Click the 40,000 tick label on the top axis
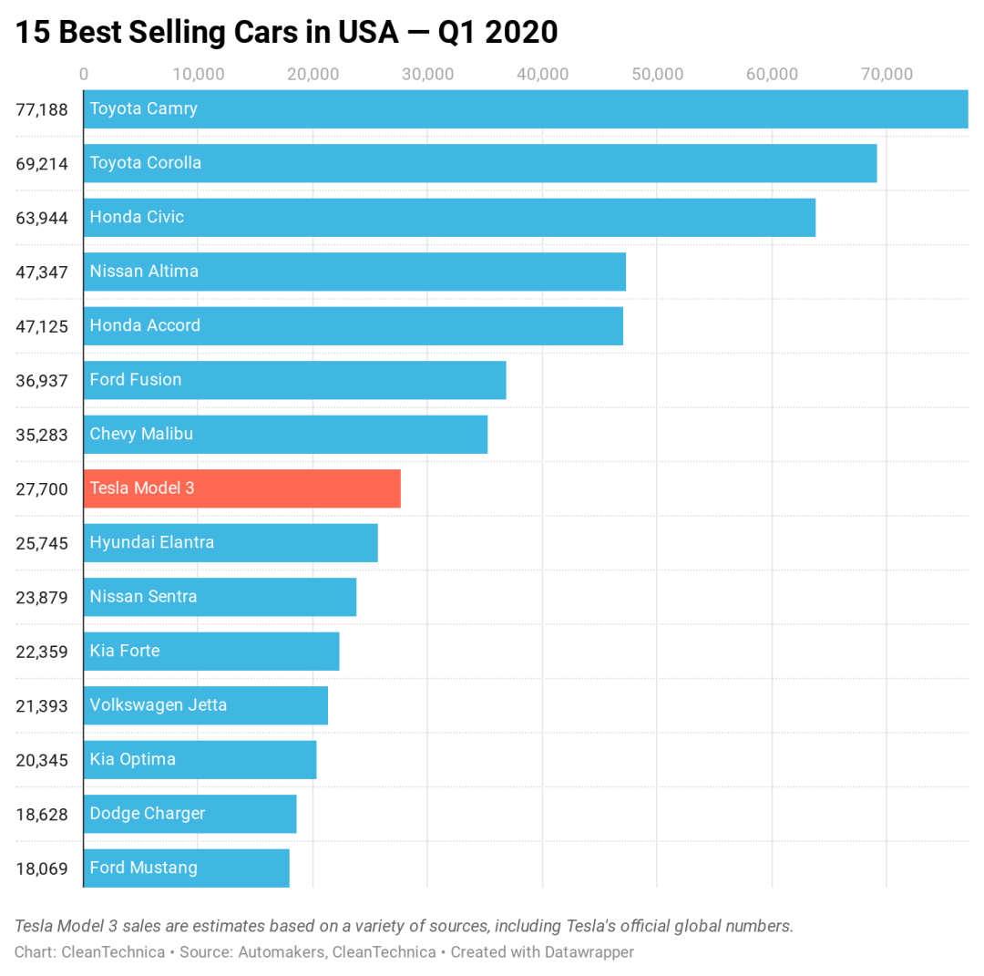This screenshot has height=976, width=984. pos(542,75)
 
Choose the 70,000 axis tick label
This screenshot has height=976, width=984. pos(887,75)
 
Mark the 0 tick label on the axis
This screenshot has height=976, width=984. pos(84,75)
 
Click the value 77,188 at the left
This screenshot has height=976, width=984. pos(42,110)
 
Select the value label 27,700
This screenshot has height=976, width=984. pos(42,489)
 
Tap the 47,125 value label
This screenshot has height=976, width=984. pos(42,326)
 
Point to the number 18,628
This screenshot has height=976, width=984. pos(42,814)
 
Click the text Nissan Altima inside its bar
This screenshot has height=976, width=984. pos(144,272)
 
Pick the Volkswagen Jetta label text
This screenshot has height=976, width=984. pos(159,705)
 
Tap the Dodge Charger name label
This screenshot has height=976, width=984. pos(148,814)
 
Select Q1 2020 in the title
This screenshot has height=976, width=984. pos(497,33)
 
